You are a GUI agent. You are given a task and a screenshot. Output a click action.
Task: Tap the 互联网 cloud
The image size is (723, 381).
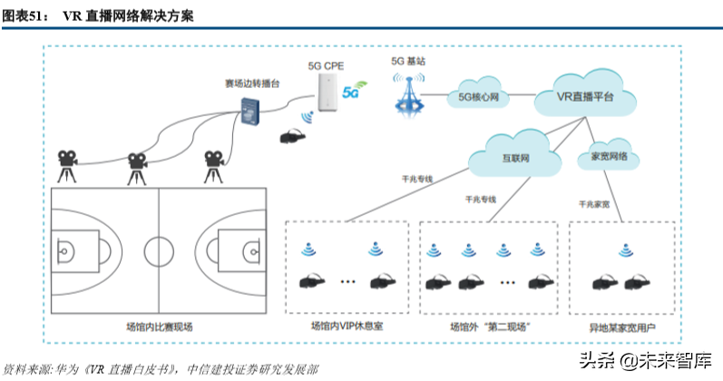[515, 157]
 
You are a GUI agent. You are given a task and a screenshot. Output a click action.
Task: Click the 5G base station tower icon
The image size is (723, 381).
[409, 94]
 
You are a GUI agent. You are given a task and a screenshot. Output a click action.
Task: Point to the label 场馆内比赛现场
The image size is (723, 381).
[159, 326]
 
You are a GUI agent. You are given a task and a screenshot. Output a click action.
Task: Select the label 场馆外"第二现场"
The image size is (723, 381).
[490, 326]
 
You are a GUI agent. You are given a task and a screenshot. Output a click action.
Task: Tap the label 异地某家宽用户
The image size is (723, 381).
[621, 326]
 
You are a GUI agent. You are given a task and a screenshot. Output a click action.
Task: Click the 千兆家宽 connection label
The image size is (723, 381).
[594, 204]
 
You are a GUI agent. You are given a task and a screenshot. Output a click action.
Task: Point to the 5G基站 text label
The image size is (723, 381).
[408, 61]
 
